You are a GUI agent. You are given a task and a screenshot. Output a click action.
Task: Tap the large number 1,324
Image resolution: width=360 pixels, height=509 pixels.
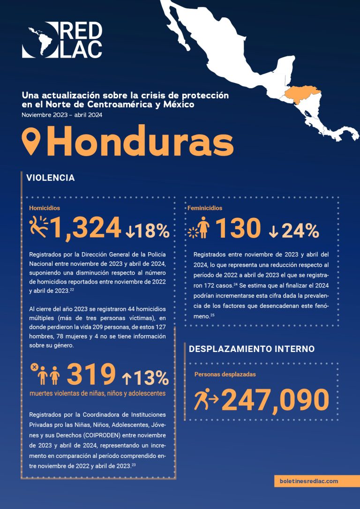(86, 228)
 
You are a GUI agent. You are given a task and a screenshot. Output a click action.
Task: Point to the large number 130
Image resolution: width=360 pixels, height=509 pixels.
(238, 229)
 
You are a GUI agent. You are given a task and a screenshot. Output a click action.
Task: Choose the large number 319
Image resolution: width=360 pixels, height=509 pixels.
(91, 374)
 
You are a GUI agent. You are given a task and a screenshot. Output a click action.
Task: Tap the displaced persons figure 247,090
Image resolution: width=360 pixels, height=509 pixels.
(275, 400)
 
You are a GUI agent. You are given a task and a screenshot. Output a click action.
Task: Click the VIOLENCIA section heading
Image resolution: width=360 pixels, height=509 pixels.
(51, 178)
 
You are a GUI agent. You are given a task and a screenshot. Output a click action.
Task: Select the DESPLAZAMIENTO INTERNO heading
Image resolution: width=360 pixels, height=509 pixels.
(251, 349)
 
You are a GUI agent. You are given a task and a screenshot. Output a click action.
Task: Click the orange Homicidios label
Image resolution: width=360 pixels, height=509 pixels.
(45, 208)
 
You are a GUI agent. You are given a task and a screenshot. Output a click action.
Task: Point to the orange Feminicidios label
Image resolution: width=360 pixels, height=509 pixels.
(205, 208)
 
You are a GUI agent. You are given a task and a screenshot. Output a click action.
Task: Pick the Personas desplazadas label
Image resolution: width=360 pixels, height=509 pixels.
(225, 374)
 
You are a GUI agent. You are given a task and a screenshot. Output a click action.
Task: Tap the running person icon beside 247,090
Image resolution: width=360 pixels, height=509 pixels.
(205, 399)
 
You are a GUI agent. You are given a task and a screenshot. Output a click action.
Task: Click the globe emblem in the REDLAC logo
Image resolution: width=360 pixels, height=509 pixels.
(39, 40)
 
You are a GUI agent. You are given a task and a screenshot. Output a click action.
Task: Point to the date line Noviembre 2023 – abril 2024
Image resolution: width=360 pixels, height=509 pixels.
(62, 115)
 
